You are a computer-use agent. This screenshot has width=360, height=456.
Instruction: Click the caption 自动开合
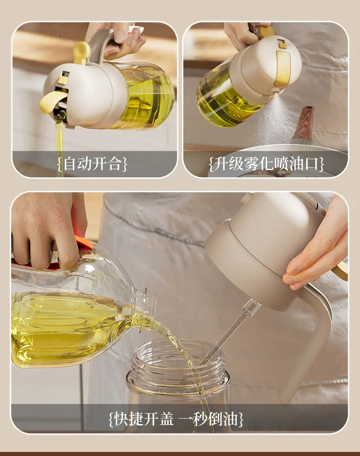coord(92,163)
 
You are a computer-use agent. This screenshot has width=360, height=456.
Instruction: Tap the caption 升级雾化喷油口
coord(267,164)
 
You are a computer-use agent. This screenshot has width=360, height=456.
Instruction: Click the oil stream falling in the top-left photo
coord(59,142)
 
